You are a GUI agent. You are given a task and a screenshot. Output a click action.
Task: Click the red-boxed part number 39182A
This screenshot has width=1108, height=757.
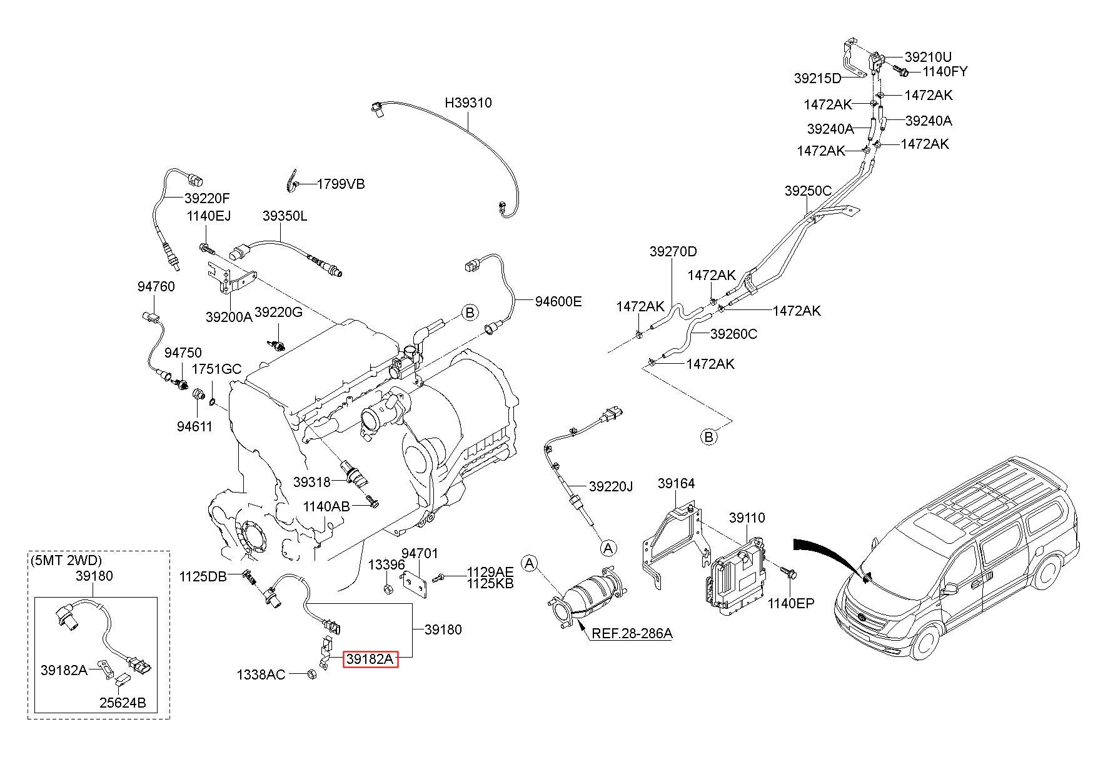point(370,658)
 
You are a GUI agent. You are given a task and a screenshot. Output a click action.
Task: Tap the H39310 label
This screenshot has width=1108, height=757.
point(468,103)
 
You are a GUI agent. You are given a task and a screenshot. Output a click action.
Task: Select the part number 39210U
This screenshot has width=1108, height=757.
point(929,57)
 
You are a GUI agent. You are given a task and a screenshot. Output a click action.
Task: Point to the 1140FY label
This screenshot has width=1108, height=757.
point(944,71)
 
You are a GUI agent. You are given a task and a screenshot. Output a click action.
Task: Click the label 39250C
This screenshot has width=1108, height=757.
point(808,191)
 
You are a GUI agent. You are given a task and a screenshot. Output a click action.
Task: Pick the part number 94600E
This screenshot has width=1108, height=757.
point(558,302)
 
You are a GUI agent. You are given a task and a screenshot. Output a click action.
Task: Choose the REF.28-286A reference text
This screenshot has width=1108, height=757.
point(632,633)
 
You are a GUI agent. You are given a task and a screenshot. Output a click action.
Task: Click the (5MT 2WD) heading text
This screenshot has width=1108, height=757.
point(66,560)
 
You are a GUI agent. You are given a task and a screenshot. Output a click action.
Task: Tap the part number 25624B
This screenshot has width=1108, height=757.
point(123,703)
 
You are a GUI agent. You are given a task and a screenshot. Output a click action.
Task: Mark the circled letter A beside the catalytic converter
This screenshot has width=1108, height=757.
point(530,564)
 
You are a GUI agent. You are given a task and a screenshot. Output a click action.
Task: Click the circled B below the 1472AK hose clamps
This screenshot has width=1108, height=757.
point(708,436)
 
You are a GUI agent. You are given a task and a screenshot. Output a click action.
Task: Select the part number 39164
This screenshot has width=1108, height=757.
point(676,483)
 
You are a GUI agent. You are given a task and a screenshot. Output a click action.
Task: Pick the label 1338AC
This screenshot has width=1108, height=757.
point(261,674)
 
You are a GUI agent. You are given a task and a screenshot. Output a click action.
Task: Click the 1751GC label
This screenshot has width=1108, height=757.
point(216,369)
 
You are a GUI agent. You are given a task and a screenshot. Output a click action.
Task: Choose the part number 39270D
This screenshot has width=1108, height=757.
point(673,251)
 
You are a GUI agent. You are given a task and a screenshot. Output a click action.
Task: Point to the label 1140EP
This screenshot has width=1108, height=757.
point(791,604)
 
